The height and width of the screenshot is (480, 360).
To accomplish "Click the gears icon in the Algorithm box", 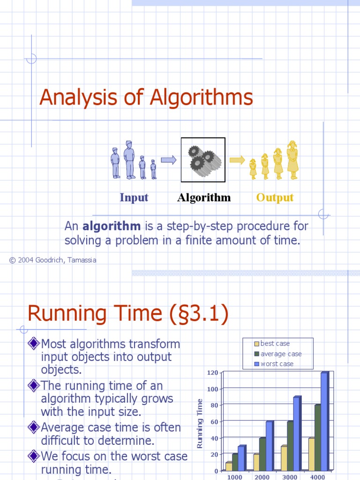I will coord(204,160).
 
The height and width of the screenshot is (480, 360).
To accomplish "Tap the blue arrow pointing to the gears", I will coord(168,160).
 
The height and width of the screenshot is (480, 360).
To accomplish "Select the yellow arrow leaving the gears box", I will coord(237,160).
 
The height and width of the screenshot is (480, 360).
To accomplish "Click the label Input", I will coord(134,197).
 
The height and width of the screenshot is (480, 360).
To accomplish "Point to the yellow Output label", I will coord(275,197).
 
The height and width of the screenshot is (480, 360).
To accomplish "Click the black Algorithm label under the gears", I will coord(204,197).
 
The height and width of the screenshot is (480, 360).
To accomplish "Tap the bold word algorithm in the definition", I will coord(112,226).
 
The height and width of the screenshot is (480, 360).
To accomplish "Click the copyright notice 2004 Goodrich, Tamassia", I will coord(53,260).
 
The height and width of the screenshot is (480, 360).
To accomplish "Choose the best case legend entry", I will coord(275,344).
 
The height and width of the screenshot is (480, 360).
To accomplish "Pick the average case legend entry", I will coord(280,354).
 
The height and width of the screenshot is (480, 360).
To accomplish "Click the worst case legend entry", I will coord(277,364).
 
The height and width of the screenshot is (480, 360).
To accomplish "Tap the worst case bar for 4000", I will coord(324,421).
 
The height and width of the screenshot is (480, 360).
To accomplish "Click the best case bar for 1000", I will coord(229,466).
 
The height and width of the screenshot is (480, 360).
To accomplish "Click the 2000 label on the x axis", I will coord(262,477).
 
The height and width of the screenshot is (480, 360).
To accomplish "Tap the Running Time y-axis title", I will coord(200,423).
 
